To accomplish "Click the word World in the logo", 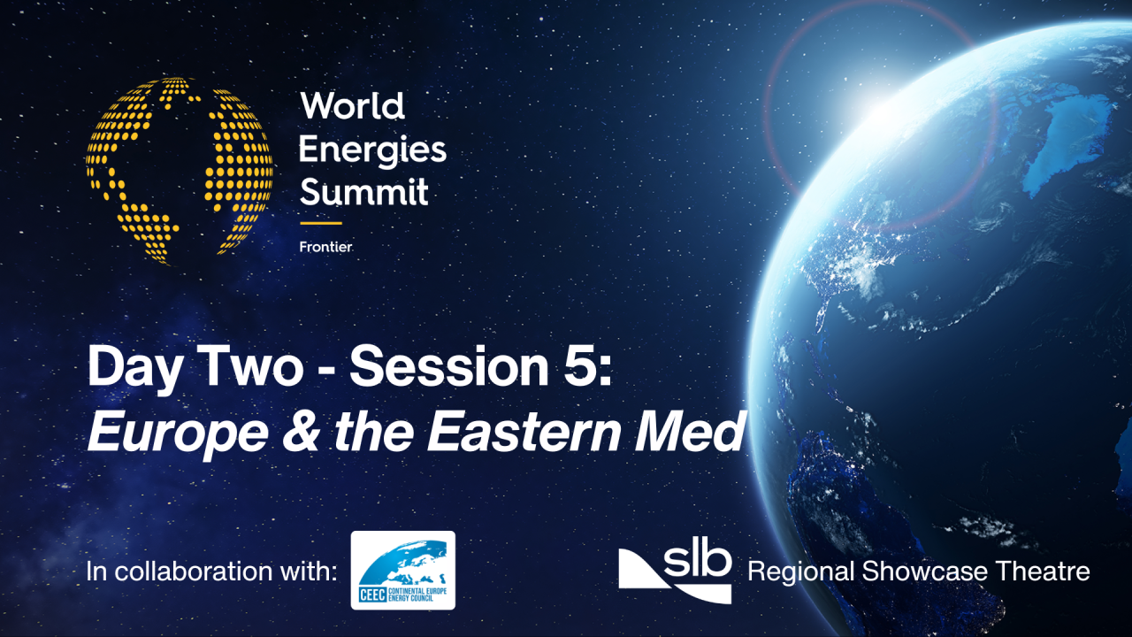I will point(352,107).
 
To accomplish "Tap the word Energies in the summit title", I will point(372,150).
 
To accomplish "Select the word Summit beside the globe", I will point(363,191).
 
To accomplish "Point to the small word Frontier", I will point(325,247).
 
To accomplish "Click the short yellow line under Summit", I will point(320,223).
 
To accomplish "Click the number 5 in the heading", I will point(582,368).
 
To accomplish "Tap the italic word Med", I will point(699,434).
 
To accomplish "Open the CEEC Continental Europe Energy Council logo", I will point(403,571).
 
